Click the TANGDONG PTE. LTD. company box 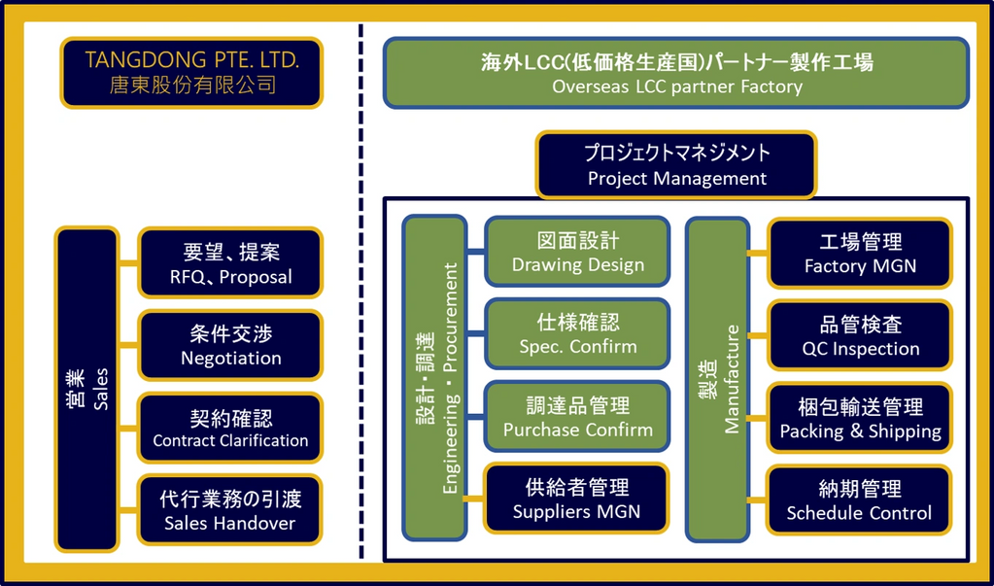(191, 72)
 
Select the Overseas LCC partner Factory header (676, 73)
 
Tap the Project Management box (676, 165)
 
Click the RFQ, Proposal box (230, 263)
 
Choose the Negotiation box (230, 345)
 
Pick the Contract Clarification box (230, 428)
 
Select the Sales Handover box (230, 510)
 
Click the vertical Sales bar (86, 389)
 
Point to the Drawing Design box (577, 252)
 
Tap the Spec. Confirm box (577, 333)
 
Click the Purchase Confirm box (577, 416)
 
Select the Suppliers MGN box (577, 499)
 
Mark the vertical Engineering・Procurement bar (434, 378)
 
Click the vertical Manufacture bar (716, 378)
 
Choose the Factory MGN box (860, 253)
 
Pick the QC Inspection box (860, 335)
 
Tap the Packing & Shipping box (860, 418)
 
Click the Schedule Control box (860, 500)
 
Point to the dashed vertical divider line (361, 292)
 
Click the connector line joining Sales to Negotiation (128, 345)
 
